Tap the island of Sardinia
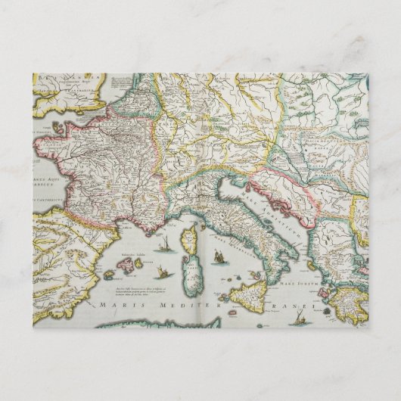coord(191,269)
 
